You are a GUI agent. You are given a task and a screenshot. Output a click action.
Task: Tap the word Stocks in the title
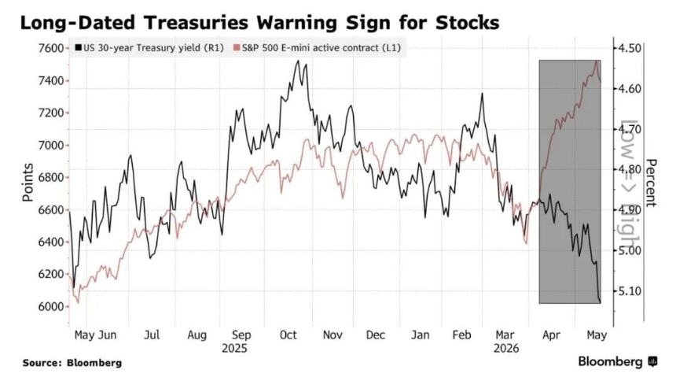(468, 23)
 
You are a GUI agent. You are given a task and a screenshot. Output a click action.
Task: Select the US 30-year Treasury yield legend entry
(149, 48)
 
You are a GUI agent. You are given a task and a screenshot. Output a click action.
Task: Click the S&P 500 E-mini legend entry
(317, 48)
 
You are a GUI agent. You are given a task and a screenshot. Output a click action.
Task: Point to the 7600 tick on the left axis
(50, 48)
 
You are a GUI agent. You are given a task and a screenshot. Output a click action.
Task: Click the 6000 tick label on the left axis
(50, 306)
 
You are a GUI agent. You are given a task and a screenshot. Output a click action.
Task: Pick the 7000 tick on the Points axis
(50, 145)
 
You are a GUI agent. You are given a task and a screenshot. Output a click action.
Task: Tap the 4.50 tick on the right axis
(630, 48)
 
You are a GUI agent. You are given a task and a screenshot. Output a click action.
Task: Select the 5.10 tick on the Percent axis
(630, 291)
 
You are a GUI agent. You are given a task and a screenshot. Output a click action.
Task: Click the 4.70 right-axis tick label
(630, 129)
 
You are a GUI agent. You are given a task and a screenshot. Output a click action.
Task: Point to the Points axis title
(28, 183)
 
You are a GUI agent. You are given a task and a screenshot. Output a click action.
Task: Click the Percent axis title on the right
(651, 183)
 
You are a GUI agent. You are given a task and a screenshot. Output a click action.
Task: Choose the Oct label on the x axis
(288, 335)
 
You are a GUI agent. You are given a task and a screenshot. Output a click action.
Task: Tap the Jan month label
(420, 335)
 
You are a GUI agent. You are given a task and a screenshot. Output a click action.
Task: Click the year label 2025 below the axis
(234, 349)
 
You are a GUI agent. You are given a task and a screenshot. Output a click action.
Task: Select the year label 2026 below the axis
(506, 349)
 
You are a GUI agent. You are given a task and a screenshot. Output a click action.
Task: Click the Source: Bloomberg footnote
(72, 363)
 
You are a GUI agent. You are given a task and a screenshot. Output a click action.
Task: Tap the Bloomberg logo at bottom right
(618, 361)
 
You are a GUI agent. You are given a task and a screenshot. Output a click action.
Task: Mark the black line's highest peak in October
(297, 61)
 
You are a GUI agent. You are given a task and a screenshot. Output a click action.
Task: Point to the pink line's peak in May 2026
(597, 61)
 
